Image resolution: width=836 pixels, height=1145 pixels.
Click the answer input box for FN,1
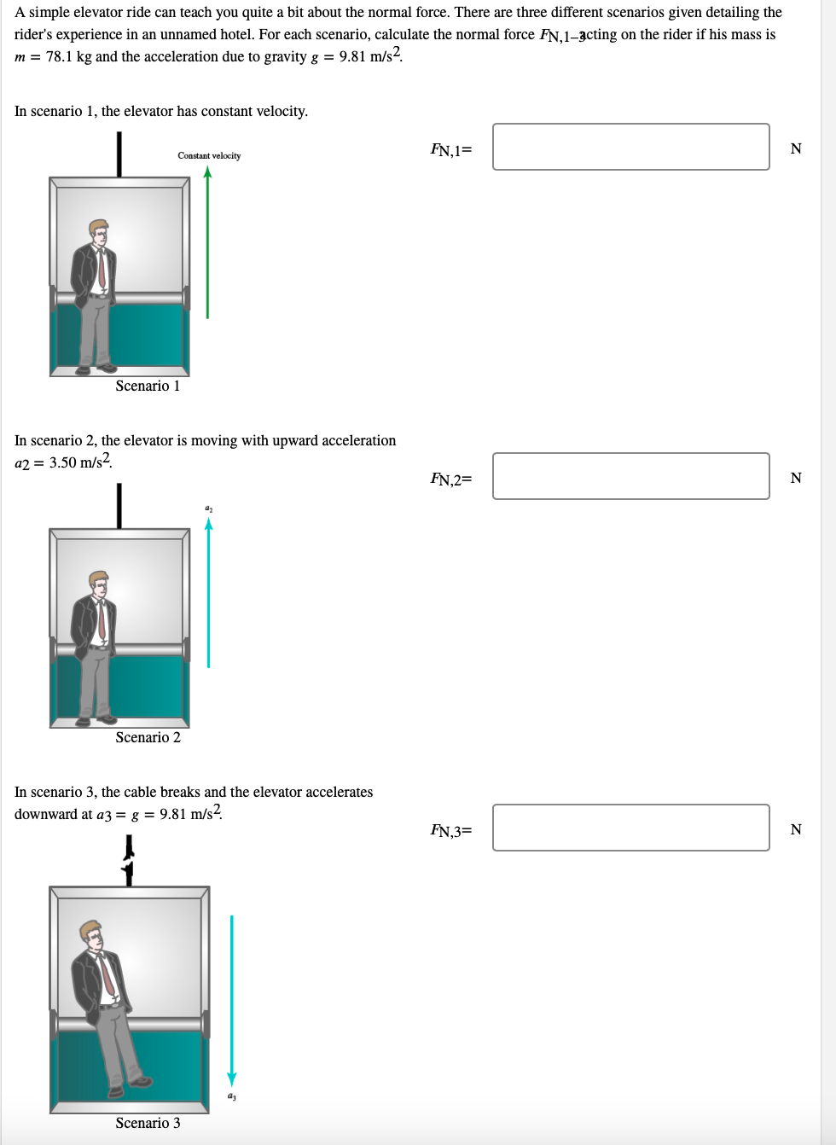[x=630, y=147]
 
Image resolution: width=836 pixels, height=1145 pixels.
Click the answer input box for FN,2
[x=630, y=476]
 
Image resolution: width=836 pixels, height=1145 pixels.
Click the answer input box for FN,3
[x=630, y=828]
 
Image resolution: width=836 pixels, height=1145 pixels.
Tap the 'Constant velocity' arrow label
[x=209, y=155]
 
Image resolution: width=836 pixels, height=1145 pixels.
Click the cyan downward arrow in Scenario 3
[x=232, y=998]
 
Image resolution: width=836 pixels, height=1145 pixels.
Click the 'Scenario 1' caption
[x=148, y=387]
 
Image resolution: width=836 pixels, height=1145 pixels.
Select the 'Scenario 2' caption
[x=148, y=738]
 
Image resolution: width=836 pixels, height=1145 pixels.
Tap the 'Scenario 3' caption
[x=148, y=1124]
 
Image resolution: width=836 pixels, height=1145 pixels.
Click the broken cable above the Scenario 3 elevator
[x=129, y=860]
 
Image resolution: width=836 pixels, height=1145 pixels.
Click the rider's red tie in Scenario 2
[x=102, y=620]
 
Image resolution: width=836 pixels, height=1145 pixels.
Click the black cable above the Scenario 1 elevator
[x=119, y=154]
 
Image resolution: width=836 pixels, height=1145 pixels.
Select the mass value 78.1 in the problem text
[x=59, y=57]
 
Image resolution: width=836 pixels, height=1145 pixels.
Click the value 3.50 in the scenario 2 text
[x=63, y=463]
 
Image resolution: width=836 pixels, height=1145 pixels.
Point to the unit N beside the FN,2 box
[x=796, y=478]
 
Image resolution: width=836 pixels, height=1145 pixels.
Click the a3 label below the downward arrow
[x=232, y=1096]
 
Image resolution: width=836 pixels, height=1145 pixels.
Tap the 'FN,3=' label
[x=450, y=831]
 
